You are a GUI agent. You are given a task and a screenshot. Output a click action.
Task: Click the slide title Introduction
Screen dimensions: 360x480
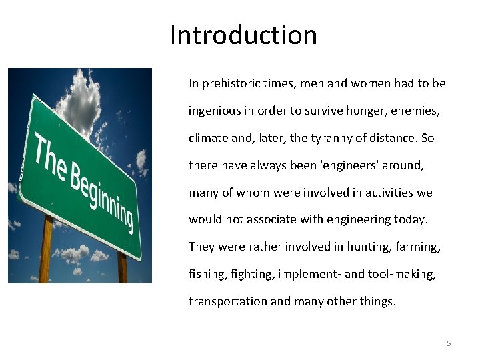point(243,35)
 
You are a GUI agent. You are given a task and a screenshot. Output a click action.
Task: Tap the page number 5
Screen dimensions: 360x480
point(449,343)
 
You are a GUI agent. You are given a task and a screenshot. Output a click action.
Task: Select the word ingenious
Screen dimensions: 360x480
point(213,111)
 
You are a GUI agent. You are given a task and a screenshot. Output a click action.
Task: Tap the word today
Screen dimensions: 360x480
point(413,219)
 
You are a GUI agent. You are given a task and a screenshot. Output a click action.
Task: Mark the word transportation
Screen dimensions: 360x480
point(227,301)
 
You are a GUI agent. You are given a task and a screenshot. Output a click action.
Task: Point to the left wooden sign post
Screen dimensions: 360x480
point(46,250)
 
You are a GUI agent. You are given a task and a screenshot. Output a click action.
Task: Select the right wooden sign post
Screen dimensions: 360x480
point(122,267)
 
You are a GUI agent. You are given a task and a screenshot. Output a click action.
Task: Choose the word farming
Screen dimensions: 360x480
point(418,247)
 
